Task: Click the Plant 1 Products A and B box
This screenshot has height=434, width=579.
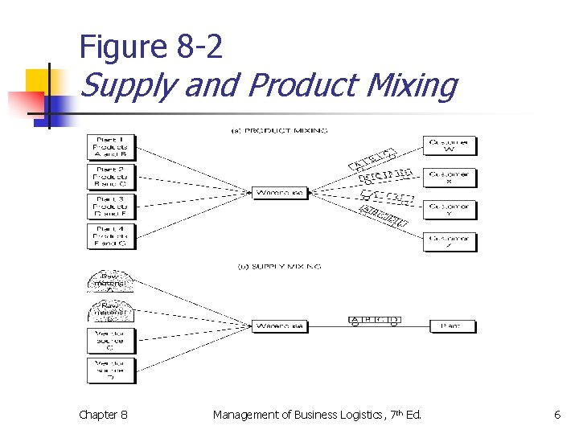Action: [x=111, y=147]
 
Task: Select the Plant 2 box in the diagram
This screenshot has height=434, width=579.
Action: [x=111, y=177]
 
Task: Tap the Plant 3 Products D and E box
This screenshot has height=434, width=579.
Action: [x=111, y=207]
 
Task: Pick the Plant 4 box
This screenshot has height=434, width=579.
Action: [x=111, y=236]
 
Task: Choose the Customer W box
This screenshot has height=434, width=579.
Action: [x=450, y=146]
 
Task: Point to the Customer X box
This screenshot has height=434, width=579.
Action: [x=450, y=177]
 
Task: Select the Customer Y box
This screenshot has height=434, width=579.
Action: [x=450, y=210]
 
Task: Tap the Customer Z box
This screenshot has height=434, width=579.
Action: [x=450, y=242]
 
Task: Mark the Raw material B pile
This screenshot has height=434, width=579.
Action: [x=110, y=312]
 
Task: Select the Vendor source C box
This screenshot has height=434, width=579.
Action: [x=111, y=341]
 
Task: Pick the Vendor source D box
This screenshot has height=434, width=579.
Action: [x=111, y=371]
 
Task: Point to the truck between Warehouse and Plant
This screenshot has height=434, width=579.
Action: [x=374, y=321]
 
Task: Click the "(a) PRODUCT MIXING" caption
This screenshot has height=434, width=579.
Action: [x=275, y=130]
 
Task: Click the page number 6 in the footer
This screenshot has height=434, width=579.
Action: [x=556, y=415]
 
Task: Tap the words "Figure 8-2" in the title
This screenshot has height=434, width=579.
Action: [x=150, y=48]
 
